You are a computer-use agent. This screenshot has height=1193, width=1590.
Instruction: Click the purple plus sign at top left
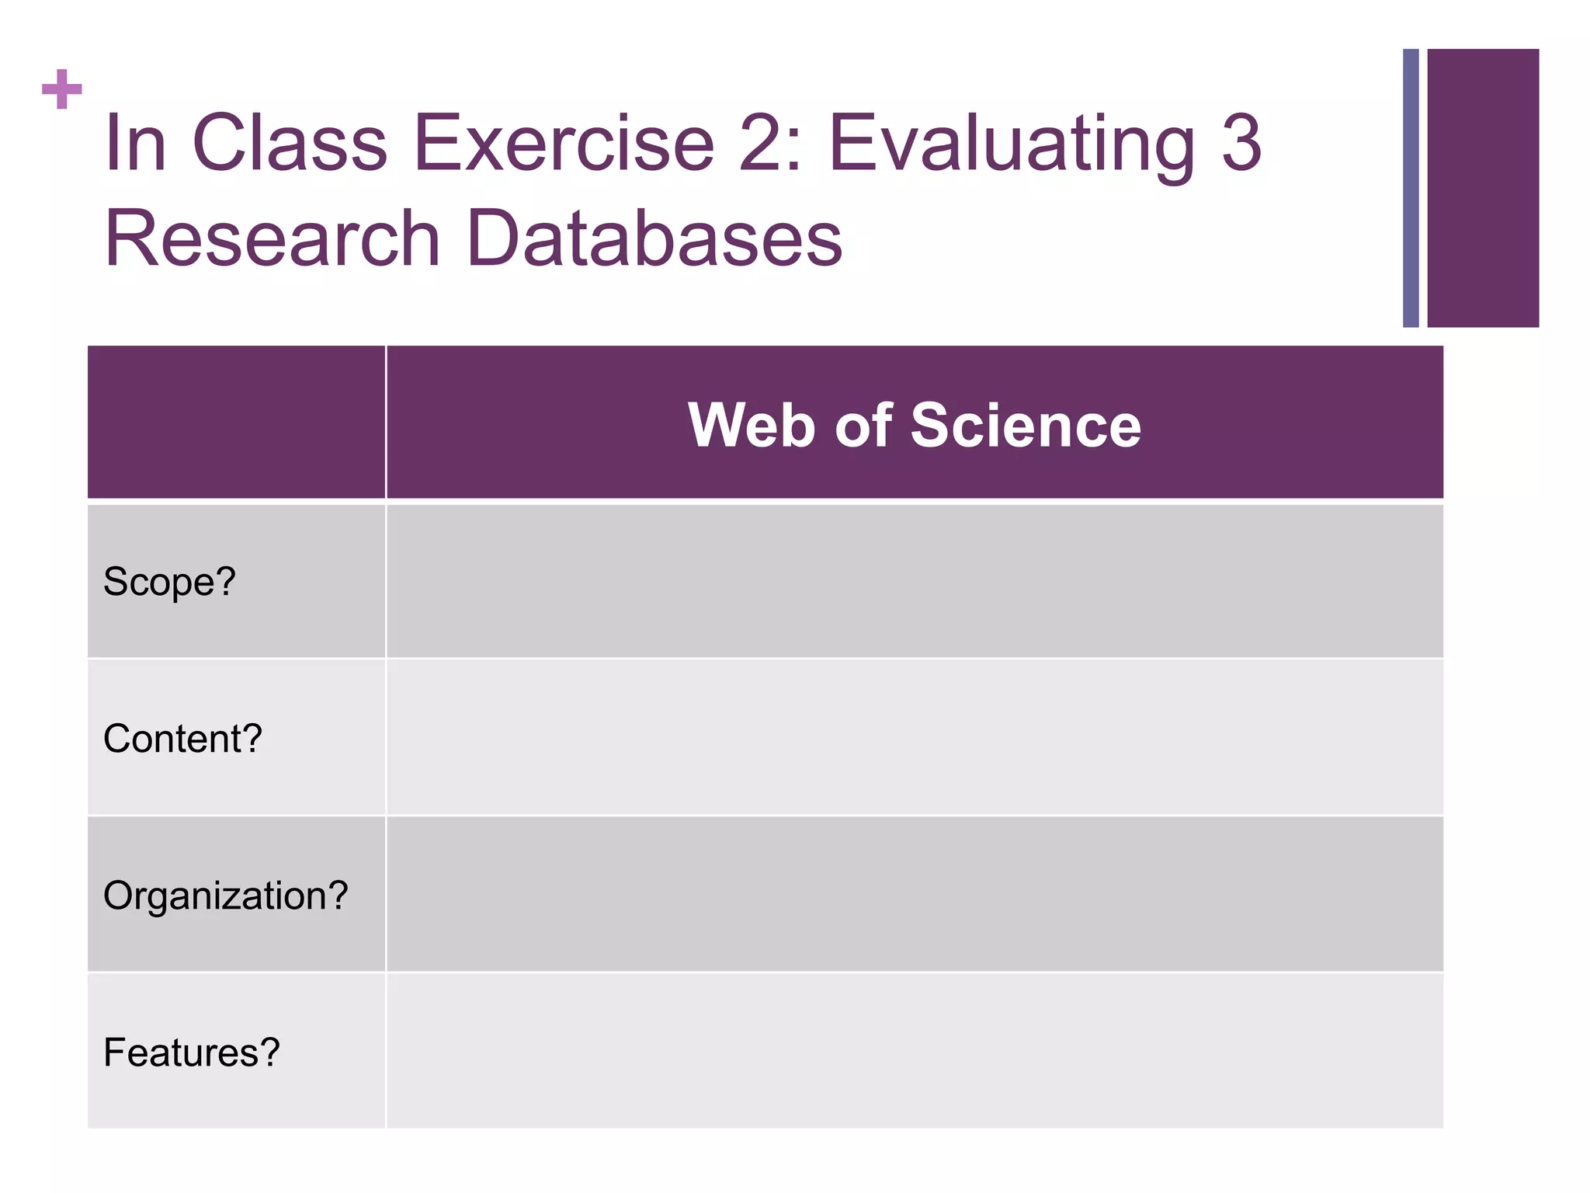(x=62, y=89)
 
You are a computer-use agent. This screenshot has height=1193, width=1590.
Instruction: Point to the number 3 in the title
(x=1241, y=144)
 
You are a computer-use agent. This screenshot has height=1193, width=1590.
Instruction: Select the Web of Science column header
(x=914, y=425)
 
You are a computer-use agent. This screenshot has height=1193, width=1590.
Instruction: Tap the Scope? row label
(x=169, y=582)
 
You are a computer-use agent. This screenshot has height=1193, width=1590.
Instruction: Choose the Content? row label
(x=182, y=738)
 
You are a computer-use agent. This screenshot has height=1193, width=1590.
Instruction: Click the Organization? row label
(x=225, y=896)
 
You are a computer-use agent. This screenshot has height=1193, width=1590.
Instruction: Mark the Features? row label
(x=191, y=1052)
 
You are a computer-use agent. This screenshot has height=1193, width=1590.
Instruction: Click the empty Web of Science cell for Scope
(x=914, y=582)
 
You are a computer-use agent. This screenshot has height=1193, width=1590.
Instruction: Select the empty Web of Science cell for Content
(x=914, y=738)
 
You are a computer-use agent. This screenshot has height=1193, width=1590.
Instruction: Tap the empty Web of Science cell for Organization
(x=914, y=895)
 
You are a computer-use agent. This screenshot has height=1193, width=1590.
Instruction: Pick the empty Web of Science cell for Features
(x=914, y=1052)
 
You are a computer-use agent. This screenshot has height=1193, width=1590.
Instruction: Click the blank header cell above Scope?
(x=236, y=423)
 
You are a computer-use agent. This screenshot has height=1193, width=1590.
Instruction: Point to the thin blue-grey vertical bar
(x=1411, y=188)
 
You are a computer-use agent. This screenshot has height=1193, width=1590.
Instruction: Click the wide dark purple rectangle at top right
(x=1483, y=188)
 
